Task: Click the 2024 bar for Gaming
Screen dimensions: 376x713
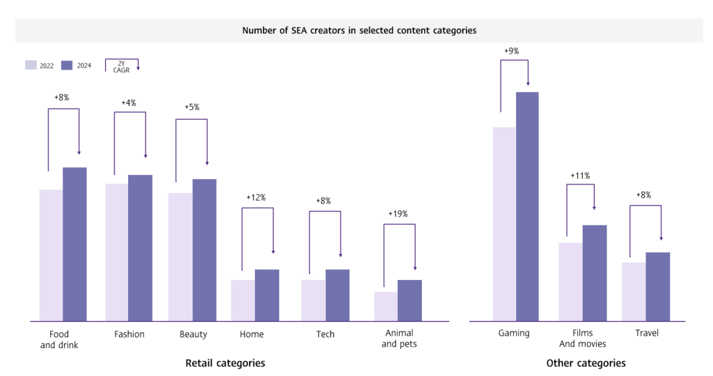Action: tap(527, 206)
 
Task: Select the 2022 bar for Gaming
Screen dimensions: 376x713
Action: tap(504, 224)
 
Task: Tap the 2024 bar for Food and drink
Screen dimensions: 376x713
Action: tap(75, 244)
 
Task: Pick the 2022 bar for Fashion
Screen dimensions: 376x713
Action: tap(116, 252)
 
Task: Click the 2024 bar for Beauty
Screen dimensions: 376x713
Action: tap(204, 250)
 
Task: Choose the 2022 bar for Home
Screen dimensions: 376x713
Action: tap(243, 300)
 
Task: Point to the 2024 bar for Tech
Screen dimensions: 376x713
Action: tap(337, 295)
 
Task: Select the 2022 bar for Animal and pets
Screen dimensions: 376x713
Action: tap(386, 306)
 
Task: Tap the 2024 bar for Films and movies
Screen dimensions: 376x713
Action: tap(595, 273)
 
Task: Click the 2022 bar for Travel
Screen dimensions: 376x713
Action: tap(634, 292)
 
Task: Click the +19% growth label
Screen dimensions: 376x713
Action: tap(398, 214)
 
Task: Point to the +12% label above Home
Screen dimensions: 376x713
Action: tap(256, 198)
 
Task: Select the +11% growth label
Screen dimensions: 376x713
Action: tap(580, 175)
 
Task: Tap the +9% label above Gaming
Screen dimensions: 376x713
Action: tap(512, 51)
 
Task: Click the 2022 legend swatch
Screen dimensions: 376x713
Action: tap(31, 65)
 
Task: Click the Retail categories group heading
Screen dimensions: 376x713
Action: tap(225, 363)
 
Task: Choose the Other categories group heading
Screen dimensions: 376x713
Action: tap(586, 363)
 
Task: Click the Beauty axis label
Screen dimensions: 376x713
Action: tap(193, 334)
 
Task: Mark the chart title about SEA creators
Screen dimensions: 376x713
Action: tap(359, 31)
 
